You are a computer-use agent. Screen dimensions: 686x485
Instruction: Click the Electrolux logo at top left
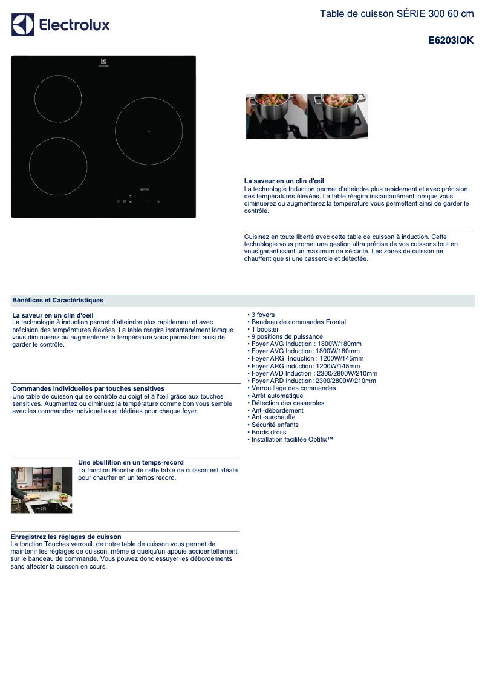point(60,25)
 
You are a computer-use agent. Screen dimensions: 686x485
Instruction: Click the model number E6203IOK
point(451,41)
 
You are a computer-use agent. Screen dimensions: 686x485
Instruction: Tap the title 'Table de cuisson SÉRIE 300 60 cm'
point(396,14)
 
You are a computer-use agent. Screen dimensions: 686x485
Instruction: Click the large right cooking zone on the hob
point(149,131)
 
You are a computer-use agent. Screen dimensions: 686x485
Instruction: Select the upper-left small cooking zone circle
point(58,99)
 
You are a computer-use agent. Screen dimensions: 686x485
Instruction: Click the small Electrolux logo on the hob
point(103,62)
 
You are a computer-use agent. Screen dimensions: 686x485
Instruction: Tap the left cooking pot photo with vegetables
point(275,116)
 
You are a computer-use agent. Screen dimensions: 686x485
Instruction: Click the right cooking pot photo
point(338,116)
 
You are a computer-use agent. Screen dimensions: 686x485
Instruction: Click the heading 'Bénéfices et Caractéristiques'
point(57,301)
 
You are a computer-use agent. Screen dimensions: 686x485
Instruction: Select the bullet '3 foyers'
point(262,315)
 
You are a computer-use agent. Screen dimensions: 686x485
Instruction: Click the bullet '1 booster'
point(265,330)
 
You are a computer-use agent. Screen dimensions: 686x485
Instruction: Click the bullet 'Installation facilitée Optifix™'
point(291,440)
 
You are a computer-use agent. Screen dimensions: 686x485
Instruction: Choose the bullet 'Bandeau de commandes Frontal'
point(298,322)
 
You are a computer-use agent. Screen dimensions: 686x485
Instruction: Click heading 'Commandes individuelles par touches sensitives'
point(88,388)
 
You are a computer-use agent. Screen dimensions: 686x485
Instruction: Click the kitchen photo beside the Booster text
point(41,489)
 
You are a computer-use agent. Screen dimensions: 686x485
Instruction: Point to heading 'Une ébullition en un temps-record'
point(131,462)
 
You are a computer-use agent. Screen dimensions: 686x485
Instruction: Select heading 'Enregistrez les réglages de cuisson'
point(66,537)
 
